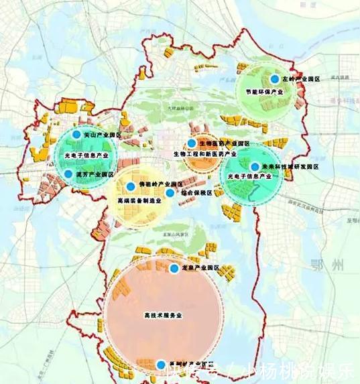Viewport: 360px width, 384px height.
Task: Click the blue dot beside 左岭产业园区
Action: (274, 78)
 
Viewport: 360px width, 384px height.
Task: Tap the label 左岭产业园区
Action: (300, 79)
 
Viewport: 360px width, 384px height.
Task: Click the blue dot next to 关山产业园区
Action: (76, 135)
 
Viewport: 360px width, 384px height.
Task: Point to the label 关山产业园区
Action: (101, 135)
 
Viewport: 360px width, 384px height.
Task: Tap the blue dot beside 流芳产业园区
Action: (68, 174)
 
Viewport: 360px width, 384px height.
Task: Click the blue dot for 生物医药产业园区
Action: (192, 143)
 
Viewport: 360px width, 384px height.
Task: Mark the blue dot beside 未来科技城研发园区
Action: (255, 167)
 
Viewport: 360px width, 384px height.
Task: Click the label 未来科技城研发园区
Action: (290, 167)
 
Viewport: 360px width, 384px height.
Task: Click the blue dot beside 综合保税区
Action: (170, 192)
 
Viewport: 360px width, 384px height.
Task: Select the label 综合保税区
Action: (195, 193)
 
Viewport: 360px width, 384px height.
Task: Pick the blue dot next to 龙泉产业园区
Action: (174, 268)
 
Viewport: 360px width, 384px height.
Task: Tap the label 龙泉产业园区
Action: (200, 268)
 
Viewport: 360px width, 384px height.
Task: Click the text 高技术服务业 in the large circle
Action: (164, 315)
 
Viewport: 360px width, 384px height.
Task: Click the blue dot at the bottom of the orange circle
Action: (160, 365)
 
